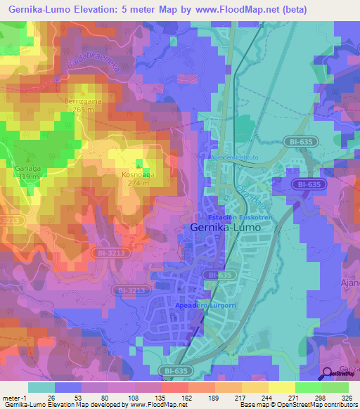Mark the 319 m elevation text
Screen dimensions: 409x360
pos(27,178)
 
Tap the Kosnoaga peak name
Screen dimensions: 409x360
pos(137,174)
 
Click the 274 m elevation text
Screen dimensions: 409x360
pos(137,183)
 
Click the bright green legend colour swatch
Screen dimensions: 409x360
pos(309,387)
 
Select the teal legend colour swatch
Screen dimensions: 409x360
pos(41,387)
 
